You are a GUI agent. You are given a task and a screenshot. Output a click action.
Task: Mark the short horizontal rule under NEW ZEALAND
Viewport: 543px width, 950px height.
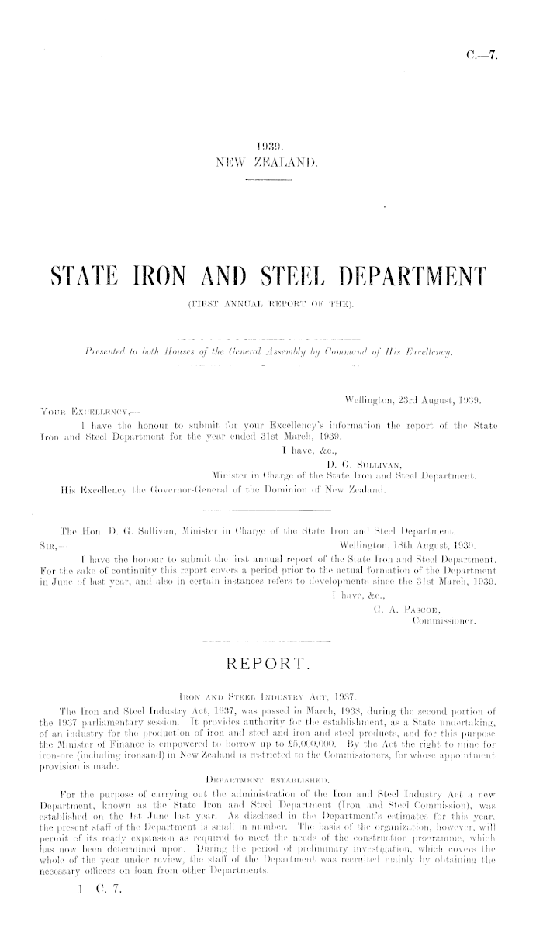coord(270,180)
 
